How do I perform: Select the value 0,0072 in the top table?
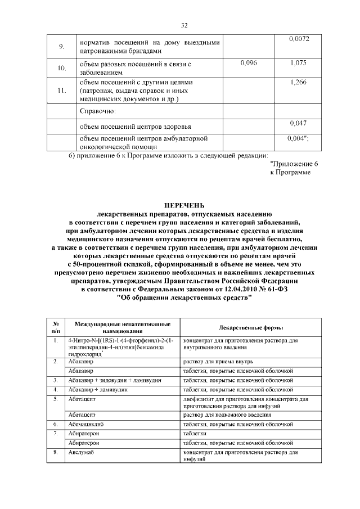coord(299,39)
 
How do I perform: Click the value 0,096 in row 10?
coord(248,63)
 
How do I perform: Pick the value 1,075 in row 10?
coord(299,63)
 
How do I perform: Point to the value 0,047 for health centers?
coord(299,122)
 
